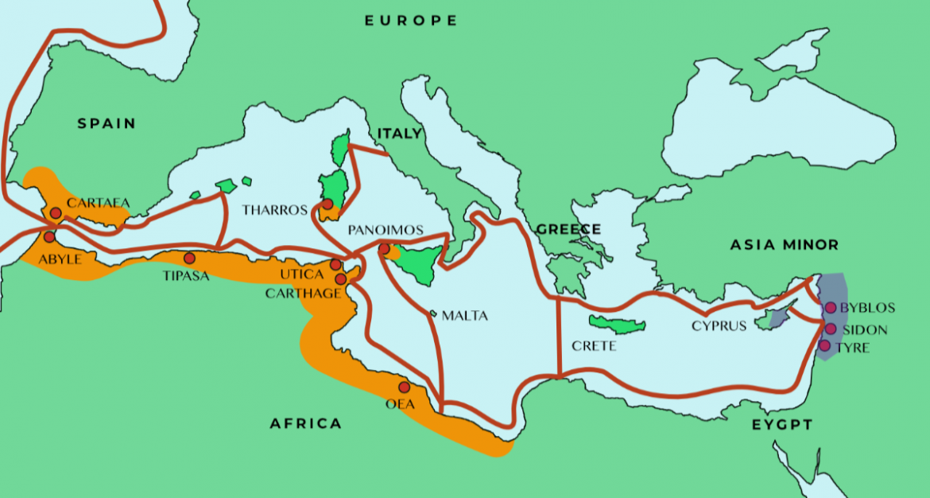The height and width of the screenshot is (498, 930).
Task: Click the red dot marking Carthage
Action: pyautogui.click(x=341, y=279)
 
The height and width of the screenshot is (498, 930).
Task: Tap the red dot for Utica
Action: pyautogui.click(x=335, y=265)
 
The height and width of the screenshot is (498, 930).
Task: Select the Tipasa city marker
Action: pyautogui.click(x=189, y=259)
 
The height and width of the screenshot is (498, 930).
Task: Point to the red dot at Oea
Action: pyautogui.click(x=404, y=387)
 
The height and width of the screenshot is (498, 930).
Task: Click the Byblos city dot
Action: pyautogui.click(x=831, y=308)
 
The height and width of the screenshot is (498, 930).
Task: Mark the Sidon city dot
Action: pyautogui.click(x=831, y=329)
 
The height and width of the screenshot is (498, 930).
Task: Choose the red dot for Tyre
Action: pyautogui.click(x=824, y=345)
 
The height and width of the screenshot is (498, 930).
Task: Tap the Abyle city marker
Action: pyautogui.click(x=49, y=237)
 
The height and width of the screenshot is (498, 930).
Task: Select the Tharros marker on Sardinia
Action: pyautogui.click(x=327, y=204)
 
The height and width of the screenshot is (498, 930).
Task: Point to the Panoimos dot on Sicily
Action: pyautogui.click(x=384, y=249)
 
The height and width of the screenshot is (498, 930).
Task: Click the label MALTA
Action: pyautogui.click(x=464, y=316)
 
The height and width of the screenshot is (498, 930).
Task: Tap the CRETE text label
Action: pyautogui.click(x=594, y=346)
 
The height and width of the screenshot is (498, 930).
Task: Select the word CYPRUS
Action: pyautogui.click(x=719, y=325)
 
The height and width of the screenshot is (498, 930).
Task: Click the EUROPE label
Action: pyautogui.click(x=411, y=21)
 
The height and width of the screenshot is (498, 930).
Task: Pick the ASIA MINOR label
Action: pyautogui.click(x=784, y=245)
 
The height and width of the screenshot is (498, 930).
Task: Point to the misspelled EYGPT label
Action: pyautogui.click(x=782, y=426)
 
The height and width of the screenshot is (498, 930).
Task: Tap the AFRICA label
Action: pyautogui.click(x=306, y=423)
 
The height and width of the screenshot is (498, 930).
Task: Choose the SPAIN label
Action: pyautogui.click(x=107, y=123)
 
